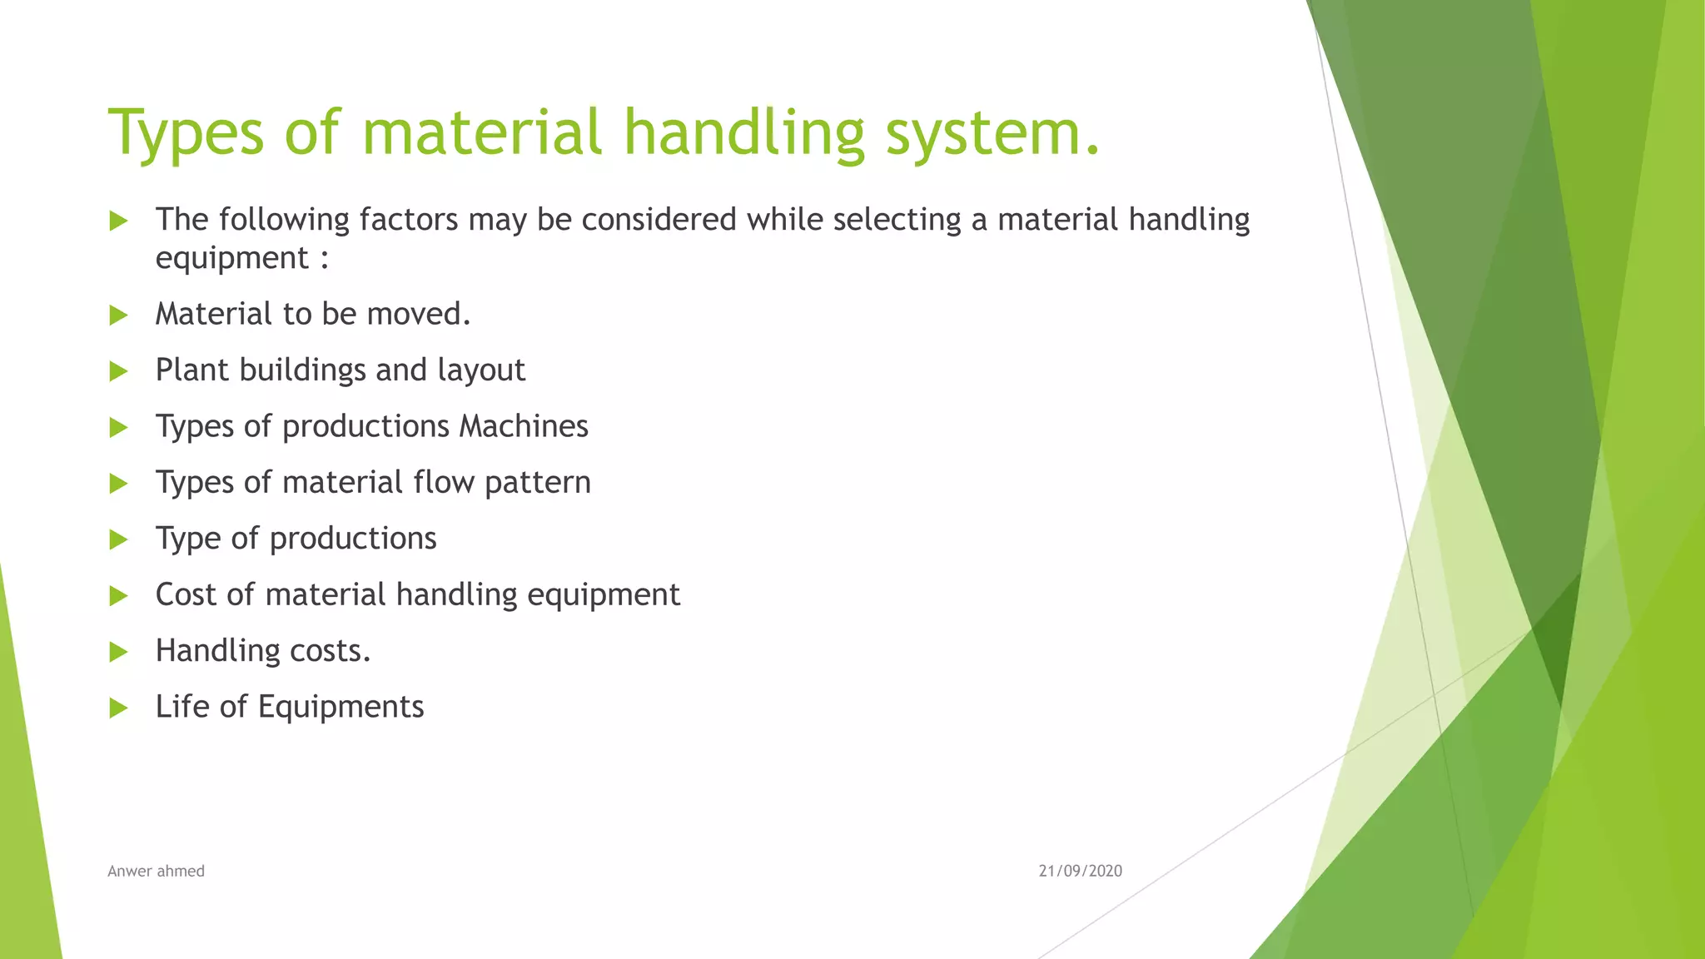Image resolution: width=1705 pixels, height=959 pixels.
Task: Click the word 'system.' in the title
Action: (x=992, y=133)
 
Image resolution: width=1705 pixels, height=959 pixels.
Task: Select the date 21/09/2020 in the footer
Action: (x=1080, y=871)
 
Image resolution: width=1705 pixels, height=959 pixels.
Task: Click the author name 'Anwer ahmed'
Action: (x=156, y=871)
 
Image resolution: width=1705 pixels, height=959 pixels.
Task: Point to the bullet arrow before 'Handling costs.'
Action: (x=118, y=652)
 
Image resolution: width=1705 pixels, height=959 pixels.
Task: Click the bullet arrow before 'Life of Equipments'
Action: (x=118, y=708)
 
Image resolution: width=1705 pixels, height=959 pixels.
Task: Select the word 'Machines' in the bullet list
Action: (x=524, y=426)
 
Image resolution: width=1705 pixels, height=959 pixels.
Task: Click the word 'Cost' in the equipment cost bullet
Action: (x=186, y=595)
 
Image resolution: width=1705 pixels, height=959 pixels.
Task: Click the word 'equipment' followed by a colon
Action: (x=232, y=259)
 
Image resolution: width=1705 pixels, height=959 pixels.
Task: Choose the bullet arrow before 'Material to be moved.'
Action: (x=118, y=316)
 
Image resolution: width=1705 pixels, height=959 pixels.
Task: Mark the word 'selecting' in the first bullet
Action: (x=896, y=220)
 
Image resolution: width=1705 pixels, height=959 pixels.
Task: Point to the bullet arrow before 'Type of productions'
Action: (x=118, y=540)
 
